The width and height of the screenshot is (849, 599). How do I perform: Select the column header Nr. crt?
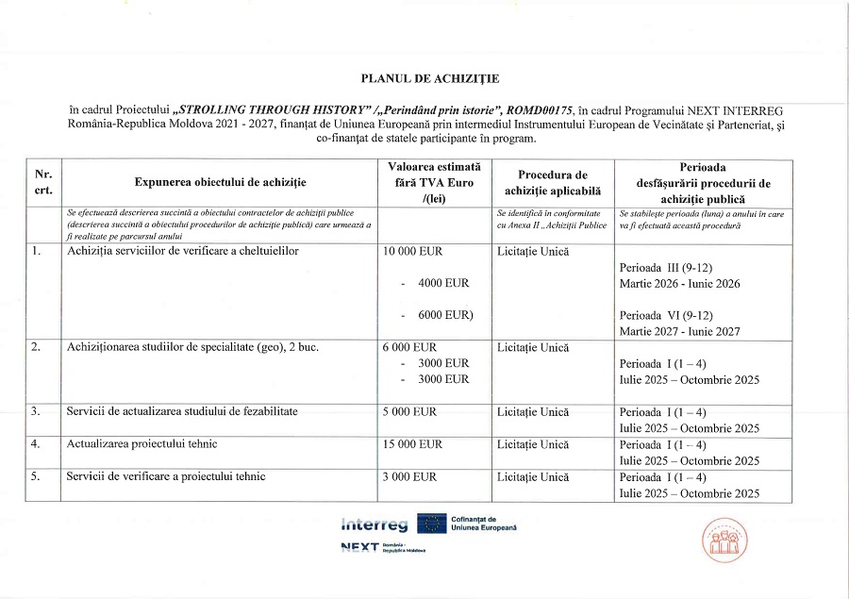42,182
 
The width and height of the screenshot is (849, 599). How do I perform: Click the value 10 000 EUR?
412,252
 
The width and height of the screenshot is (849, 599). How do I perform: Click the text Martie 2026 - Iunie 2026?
679,284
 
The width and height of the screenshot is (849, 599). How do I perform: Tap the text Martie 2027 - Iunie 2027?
679,331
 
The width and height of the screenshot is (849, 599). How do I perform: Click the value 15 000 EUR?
412,444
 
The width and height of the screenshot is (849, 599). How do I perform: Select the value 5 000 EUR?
409,412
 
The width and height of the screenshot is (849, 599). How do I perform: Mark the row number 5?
36,476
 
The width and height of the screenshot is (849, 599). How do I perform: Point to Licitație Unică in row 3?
532,412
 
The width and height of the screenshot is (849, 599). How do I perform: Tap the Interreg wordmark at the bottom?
375,525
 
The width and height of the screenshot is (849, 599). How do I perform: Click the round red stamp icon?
722,540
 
